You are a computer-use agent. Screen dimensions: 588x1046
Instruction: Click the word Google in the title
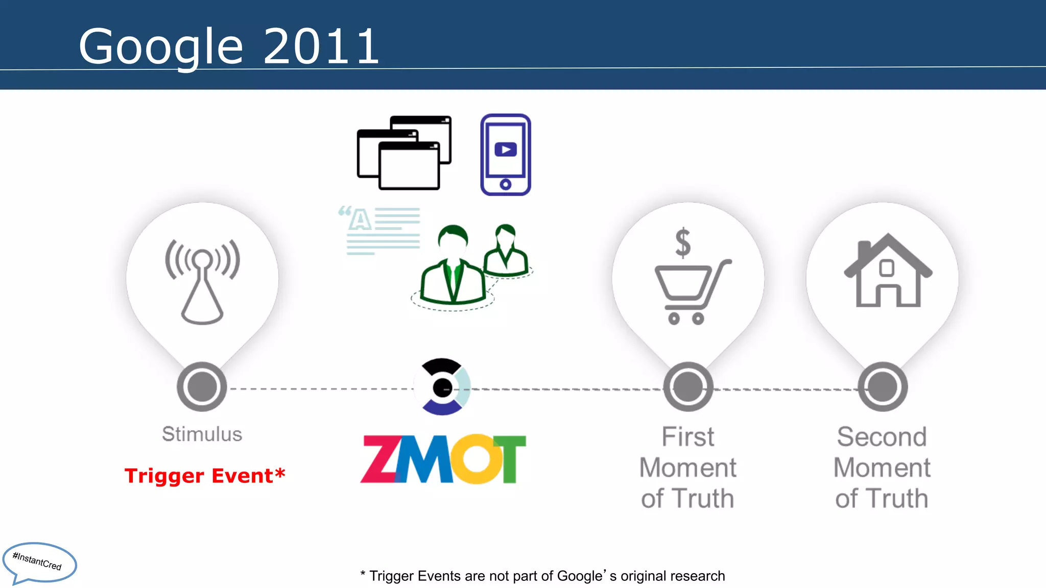tap(160, 47)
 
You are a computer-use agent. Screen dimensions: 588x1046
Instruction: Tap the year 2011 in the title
tap(321, 47)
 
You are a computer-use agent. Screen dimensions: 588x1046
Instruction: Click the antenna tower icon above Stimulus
tap(202, 281)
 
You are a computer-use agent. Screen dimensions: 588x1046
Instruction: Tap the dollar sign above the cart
tap(683, 242)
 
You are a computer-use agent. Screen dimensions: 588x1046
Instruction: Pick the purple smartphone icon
tap(506, 155)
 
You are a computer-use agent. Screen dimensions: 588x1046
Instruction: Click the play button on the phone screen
tap(506, 150)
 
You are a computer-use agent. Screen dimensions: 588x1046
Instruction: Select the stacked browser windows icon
tap(403, 153)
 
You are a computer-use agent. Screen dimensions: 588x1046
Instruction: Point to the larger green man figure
tap(453, 268)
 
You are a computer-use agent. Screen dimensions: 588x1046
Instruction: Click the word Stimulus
tap(202, 434)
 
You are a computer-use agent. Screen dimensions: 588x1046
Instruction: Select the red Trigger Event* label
tap(205, 476)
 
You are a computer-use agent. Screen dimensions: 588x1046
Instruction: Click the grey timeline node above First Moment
tap(688, 387)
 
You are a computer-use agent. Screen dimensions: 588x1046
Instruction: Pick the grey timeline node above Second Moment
tap(883, 387)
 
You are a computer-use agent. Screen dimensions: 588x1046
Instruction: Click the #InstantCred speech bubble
tap(39, 562)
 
